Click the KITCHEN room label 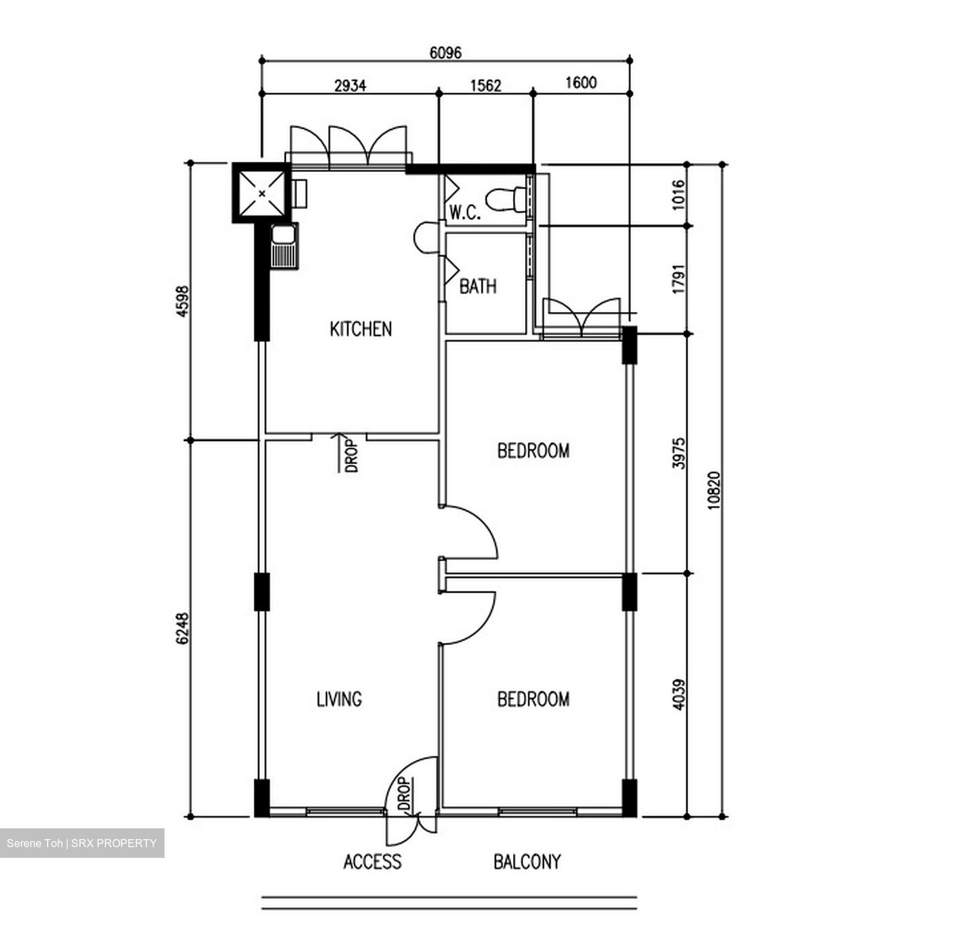(x=361, y=329)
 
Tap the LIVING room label (x=339, y=699)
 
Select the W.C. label (x=465, y=213)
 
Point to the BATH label (x=478, y=287)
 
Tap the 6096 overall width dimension (x=445, y=52)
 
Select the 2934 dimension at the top (x=350, y=85)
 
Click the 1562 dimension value (x=486, y=85)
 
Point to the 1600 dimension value (x=581, y=83)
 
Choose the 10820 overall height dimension (x=713, y=491)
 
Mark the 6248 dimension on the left (x=182, y=628)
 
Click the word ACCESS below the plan (x=372, y=862)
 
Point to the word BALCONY (x=526, y=862)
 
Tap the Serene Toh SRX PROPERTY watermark (x=82, y=843)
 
